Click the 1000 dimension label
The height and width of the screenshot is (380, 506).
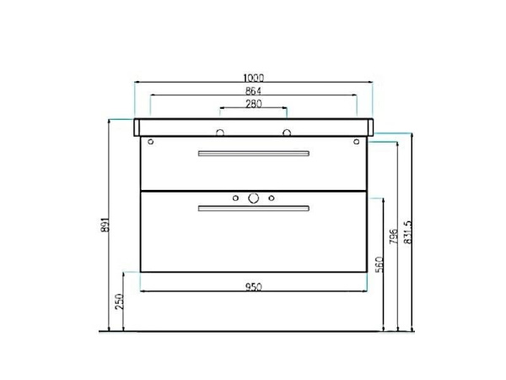pyautogui.click(x=253, y=77)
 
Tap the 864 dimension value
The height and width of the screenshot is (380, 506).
pyautogui.click(x=253, y=90)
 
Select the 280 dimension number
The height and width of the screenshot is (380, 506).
pyautogui.click(x=253, y=104)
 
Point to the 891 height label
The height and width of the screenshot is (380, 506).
pyautogui.click(x=105, y=224)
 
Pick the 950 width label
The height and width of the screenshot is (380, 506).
pyautogui.click(x=253, y=286)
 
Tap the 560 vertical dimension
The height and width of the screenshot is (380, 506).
pyautogui.click(x=379, y=264)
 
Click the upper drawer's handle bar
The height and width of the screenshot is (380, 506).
pyautogui.click(x=253, y=153)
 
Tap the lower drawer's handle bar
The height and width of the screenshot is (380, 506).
pyautogui.click(x=253, y=208)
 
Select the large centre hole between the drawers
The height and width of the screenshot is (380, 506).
pyautogui.click(x=253, y=198)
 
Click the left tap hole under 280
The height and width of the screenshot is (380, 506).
pyautogui.click(x=220, y=132)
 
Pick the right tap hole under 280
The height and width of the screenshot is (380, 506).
pyautogui.click(x=287, y=132)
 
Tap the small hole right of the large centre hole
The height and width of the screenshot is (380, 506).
pyautogui.click(x=271, y=198)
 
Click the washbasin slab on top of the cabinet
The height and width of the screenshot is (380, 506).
pyautogui.click(x=253, y=127)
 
